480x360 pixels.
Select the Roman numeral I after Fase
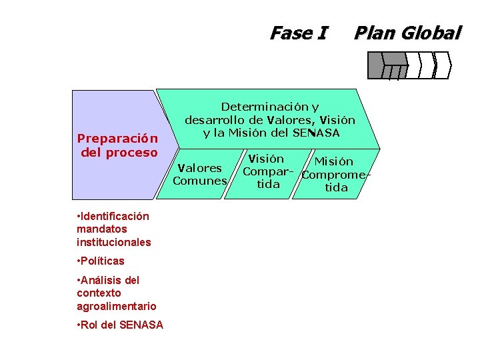tap(323, 32)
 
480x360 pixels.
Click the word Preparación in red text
tap(117, 139)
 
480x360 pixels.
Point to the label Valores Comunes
tap(199, 174)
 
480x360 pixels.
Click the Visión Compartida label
tap(267, 171)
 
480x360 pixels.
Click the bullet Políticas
tap(101, 261)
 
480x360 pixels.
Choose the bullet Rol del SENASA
tap(121, 325)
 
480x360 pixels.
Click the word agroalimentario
tap(116, 306)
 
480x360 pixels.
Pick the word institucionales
tap(113, 242)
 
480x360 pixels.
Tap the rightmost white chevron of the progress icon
tap(443, 65)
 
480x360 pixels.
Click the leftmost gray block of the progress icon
tap(376, 64)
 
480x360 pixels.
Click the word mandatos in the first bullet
tap(101, 229)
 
